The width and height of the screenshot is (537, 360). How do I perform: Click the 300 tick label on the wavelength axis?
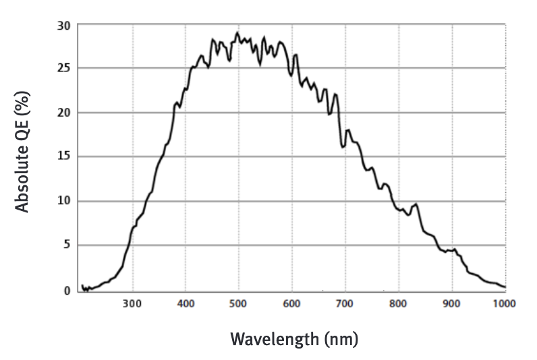click(x=132, y=304)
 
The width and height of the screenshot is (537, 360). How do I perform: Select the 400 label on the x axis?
click(x=186, y=304)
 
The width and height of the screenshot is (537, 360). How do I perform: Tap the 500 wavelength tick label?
click(x=239, y=304)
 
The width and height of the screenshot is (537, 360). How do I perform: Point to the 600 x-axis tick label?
click(x=292, y=304)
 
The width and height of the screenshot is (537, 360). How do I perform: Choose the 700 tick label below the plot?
click(x=345, y=304)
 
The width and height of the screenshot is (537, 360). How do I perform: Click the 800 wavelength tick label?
click(x=398, y=304)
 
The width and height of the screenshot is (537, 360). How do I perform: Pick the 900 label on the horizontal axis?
click(x=451, y=304)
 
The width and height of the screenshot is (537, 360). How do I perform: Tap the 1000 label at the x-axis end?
click(x=504, y=304)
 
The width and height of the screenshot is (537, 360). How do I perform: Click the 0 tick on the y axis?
click(x=67, y=291)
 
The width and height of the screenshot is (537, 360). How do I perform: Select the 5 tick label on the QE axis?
click(x=67, y=245)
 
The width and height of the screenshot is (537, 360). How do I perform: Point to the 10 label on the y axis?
click(x=64, y=201)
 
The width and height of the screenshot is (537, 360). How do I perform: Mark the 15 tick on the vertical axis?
click(x=64, y=156)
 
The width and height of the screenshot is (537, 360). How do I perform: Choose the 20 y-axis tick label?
click(x=64, y=112)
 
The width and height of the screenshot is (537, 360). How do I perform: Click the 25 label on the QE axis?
click(x=64, y=68)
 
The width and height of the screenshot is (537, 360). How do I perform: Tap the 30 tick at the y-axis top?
click(x=64, y=25)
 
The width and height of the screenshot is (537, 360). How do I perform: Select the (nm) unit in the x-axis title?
click(x=341, y=338)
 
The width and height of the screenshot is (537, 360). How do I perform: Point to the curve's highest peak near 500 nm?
click(x=237, y=32)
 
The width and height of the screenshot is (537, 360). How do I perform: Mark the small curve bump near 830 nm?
click(x=416, y=204)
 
